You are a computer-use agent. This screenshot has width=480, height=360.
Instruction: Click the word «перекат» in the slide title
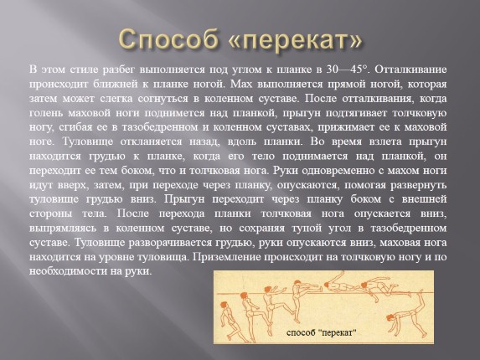[x=296, y=39]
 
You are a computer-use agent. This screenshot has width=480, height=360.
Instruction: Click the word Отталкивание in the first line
[x=410, y=69]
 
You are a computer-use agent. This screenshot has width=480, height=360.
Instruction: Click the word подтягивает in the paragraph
[x=355, y=113]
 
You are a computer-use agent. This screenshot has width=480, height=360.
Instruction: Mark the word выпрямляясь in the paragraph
[x=63, y=229]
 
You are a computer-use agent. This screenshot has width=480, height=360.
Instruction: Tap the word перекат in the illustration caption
[x=339, y=332]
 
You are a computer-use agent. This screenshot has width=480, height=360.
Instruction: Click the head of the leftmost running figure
[x=224, y=305]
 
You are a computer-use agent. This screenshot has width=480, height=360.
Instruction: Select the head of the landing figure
[x=390, y=317]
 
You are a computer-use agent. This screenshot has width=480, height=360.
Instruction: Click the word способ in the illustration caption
[x=302, y=332]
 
